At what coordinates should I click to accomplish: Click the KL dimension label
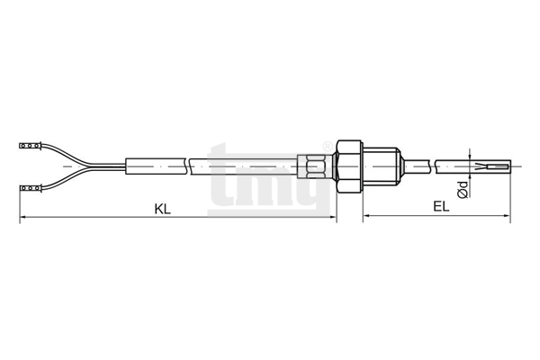pyautogui.click(x=163, y=209)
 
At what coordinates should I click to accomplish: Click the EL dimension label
pyautogui.click(x=442, y=207)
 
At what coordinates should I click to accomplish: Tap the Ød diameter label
pyautogui.click(x=463, y=190)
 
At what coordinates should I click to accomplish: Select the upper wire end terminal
pyautogui.click(x=31, y=146)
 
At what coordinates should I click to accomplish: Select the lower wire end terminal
pyautogui.click(x=31, y=188)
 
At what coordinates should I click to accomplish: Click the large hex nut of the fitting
pyautogui.click(x=349, y=166)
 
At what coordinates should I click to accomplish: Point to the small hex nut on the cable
pyautogui.click(x=312, y=166)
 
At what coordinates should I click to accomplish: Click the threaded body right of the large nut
pyautogui.click(x=379, y=166)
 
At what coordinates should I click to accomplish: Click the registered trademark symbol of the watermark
pyautogui.click(x=327, y=147)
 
